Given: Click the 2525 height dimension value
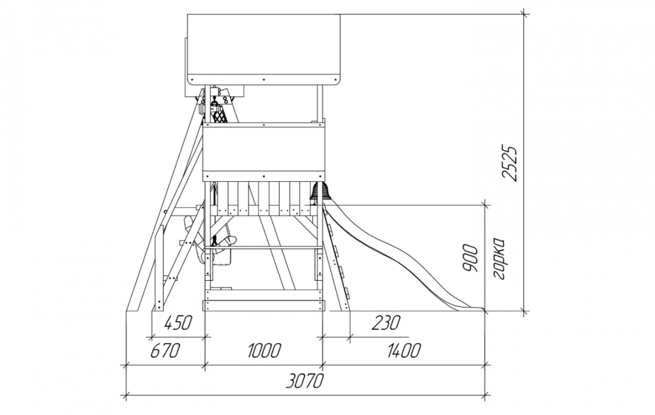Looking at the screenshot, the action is pyautogui.click(x=510, y=163).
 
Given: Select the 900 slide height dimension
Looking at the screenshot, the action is pyautogui.click(x=471, y=258).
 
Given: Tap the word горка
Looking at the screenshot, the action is pyautogui.click(x=498, y=259).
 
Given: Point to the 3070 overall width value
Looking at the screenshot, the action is pyautogui.click(x=306, y=381).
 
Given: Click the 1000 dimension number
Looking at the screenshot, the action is pyautogui.click(x=263, y=350).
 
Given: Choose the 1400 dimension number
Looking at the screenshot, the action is pyautogui.click(x=403, y=350).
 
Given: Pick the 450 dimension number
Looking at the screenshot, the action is pyautogui.click(x=178, y=323).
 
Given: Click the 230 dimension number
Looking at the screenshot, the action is pyautogui.click(x=386, y=323).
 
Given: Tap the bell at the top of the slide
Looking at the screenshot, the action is pyautogui.click(x=320, y=192).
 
